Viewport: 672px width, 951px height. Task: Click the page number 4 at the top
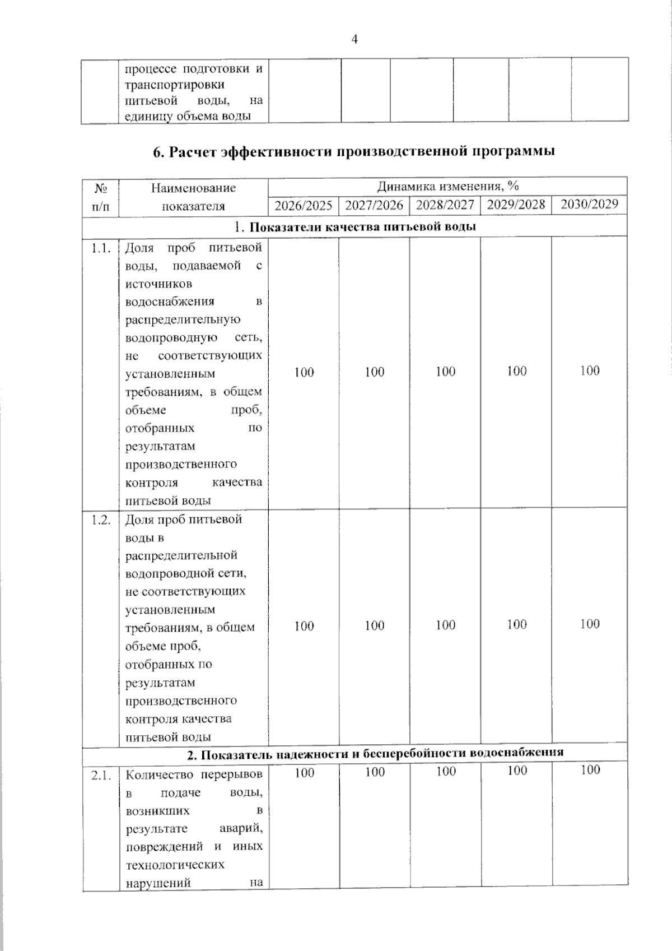(354, 39)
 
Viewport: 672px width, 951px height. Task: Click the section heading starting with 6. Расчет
(354, 151)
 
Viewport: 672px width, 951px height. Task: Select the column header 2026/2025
(304, 205)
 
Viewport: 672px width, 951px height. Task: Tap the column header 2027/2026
(374, 205)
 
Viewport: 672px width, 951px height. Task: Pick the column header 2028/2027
(445, 205)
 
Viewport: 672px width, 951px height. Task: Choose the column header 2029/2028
(516, 204)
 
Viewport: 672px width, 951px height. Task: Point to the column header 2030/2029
(589, 204)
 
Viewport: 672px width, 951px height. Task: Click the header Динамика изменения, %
(447, 186)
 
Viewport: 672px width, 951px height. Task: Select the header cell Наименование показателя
(193, 197)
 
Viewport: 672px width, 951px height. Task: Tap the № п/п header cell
(101, 197)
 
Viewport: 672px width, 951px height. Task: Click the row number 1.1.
(101, 248)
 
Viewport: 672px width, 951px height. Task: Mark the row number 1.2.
(101, 519)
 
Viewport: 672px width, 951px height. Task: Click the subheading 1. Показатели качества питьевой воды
(355, 227)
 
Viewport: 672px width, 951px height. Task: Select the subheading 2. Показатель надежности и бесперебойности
(375, 754)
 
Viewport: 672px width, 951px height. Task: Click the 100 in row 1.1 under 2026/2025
(304, 372)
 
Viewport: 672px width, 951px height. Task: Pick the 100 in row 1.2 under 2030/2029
(589, 624)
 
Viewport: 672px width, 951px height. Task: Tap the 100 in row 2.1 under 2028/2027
(445, 772)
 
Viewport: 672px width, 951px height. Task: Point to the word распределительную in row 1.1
(183, 319)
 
